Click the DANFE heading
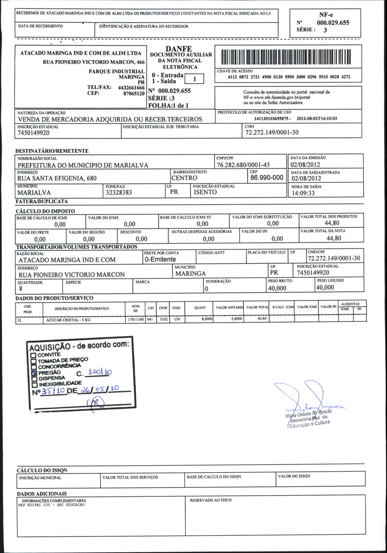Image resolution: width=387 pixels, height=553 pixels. (179, 49)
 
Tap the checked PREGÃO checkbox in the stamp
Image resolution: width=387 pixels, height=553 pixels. (34, 373)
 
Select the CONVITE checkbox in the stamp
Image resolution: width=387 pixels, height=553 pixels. (33, 355)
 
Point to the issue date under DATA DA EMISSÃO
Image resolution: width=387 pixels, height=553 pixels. (305, 165)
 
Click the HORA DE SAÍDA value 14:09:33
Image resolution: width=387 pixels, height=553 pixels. (303, 193)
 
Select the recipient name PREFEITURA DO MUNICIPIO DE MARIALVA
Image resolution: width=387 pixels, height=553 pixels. (83, 165)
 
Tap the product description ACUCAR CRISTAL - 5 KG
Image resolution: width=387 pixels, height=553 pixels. (68, 320)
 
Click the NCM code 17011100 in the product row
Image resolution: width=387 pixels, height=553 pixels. (135, 319)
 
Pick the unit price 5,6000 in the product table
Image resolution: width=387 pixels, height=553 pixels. (237, 319)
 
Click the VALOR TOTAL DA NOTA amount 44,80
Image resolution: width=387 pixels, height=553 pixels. (334, 238)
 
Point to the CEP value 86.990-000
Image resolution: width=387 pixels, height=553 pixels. (267, 178)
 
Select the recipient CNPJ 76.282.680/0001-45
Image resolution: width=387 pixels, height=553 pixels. (243, 165)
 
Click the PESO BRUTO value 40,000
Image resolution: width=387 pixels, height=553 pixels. (277, 288)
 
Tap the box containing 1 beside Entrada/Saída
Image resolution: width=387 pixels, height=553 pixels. (194, 79)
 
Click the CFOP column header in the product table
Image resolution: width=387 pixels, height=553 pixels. (163, 308)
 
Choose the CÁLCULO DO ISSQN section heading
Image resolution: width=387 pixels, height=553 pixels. (42, 470)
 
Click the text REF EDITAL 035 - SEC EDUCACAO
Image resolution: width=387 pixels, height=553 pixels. (51, 505)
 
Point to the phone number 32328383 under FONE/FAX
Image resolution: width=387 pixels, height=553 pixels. (119, 193)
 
